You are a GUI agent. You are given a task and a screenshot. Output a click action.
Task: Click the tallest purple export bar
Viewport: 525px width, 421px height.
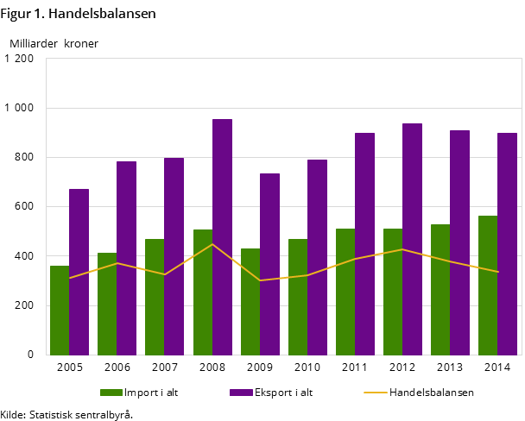coord(222,237)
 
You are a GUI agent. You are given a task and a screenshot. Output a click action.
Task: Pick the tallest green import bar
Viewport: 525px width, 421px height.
coord(488,285)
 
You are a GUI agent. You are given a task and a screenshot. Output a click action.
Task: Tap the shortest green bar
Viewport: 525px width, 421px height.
coord(60,310)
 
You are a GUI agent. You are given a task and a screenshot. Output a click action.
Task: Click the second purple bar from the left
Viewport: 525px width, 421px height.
coord(126,258)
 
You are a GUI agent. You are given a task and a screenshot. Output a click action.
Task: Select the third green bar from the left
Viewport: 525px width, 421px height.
coord(155,297)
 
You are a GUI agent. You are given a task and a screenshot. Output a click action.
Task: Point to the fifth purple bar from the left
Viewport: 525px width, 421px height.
coord(269,264)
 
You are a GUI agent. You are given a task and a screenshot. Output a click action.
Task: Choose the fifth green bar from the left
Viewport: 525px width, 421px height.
coord(250,301)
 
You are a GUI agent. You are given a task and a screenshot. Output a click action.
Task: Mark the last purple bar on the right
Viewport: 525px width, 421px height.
coord(507,244)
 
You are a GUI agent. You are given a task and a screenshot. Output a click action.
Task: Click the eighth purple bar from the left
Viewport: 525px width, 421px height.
coord(412,239)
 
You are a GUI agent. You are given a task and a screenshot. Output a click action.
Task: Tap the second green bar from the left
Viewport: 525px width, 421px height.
coord(107,304)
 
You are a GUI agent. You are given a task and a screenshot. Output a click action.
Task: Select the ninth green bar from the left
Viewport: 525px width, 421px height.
coord(440,289)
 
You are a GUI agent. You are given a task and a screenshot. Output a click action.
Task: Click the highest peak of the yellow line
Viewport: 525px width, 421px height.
coord(212,244)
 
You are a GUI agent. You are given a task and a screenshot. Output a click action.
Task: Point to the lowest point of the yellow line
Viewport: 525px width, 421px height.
coord(260,280)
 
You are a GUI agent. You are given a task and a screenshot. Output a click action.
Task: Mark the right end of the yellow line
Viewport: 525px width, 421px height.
coord(498,272)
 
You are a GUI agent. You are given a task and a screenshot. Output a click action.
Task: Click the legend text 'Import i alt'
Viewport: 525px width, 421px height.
coord(151,393)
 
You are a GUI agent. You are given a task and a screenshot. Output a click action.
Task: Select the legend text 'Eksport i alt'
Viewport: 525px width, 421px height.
coord(283,393)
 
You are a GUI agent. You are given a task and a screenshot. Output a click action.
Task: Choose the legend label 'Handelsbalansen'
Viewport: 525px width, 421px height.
coord(431,393)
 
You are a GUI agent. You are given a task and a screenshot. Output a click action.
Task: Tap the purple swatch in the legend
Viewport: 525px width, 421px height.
coord(241,393)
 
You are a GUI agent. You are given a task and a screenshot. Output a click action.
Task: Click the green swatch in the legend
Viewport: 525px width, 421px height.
coord(111,393)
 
